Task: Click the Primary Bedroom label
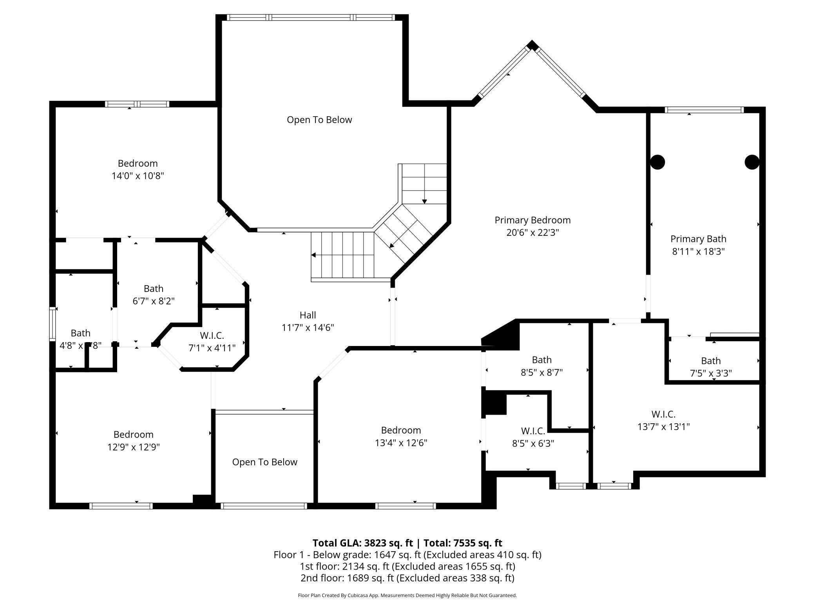[x=532, y=220]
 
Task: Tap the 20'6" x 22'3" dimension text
[x=532, y=233]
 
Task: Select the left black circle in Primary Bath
[x=657, y=162]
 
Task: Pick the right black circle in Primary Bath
[x=752, y=162]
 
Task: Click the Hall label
[x=308, y=315]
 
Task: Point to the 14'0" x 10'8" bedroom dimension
[x=138, y=176]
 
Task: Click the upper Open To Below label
[x=319, y=120]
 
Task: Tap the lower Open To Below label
[x=264, y=462]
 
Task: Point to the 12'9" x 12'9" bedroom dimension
[x=133, y=447]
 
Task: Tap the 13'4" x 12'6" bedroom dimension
[x=400, y=443]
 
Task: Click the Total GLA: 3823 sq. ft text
[x=362, y=543]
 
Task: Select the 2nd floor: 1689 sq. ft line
[x=407, y=577]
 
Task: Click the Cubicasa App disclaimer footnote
[x=407, y=595]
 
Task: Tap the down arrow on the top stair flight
[x=424, y=201]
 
